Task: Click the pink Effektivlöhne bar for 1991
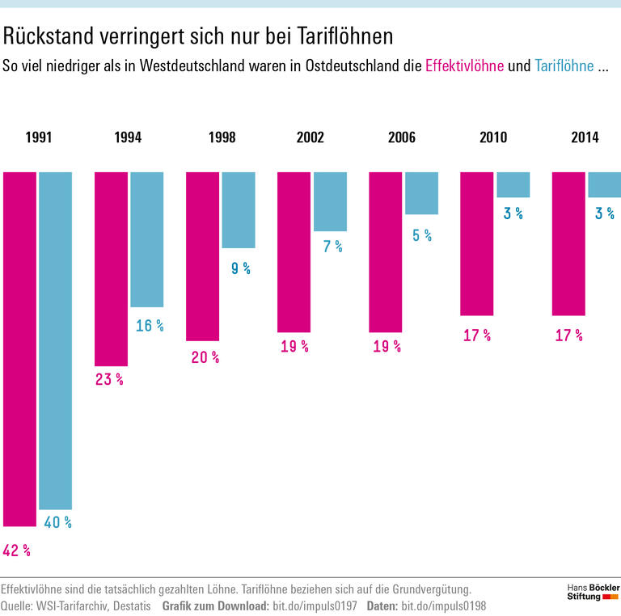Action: click(19, 348)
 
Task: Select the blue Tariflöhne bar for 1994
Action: click(146, 239)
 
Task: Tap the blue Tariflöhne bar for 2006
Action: click(421, 192)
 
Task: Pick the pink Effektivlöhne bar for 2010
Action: click(476, 243)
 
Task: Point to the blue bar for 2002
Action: click(330, 201)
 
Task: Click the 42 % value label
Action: click(16, 551)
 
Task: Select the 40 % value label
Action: click(57, 523)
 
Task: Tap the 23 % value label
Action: click(109, 379)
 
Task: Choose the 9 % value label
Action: click(241, 268)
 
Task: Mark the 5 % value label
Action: click(422, 235)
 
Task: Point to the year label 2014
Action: click(585, 137)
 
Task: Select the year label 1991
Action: click(38, 137)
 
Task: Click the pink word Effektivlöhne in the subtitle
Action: click(464, 66)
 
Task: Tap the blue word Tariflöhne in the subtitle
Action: click(564, 66)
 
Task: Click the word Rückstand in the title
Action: click(53, 36)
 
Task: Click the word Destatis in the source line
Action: click(127, 605)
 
